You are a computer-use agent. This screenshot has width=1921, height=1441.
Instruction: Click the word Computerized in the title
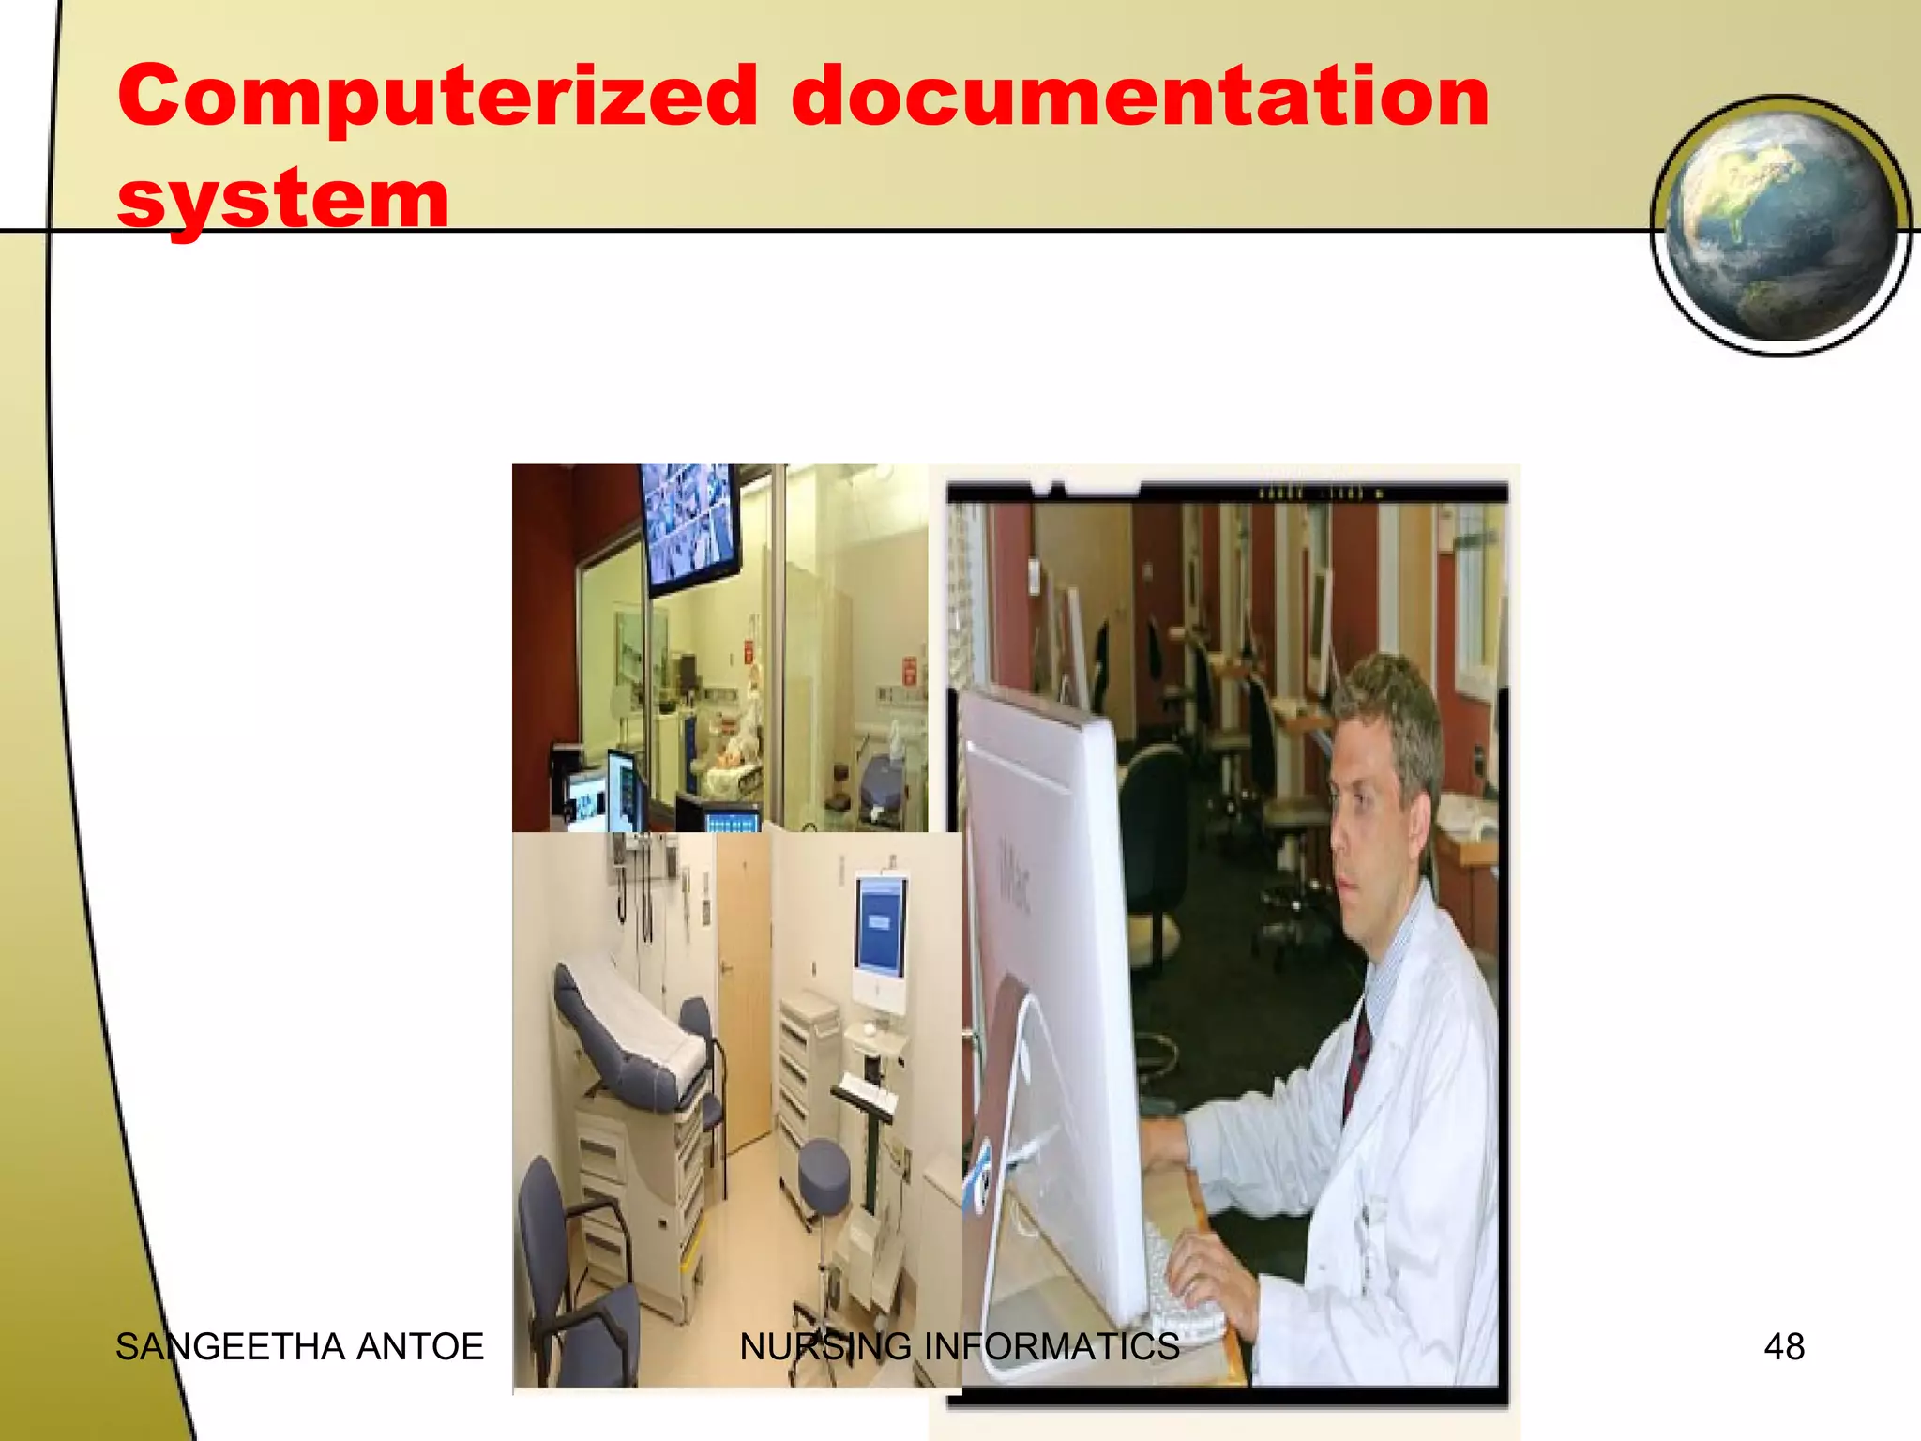pyautogui.click(x=436, y=96)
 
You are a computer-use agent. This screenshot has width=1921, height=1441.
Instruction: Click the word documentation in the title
pyautogui.click(x=1140, y=96)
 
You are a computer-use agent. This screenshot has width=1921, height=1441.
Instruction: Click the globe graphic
pyautogui.click(x=1779, y=225)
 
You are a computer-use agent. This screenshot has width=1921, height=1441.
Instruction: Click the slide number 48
pyautogui.click(x=1783, y=1347)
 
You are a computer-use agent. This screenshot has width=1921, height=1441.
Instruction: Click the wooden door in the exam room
pyautogui.click(x=744, y=985)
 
